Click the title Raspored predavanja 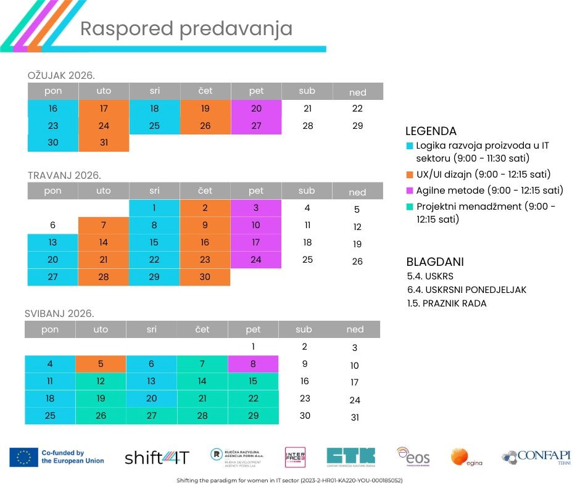tap(186, 29)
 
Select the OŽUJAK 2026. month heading tap(61, 75)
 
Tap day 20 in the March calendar tap(256, 109)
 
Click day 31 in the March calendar tap(104, 143)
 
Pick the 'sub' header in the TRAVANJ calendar tap(307, 191)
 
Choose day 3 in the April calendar tap(256, 208)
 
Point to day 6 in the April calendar tap(53, 225)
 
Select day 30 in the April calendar tap(205, 277)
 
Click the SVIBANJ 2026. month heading tap(59, 313)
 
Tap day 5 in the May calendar tap(101, 364)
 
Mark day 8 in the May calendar tap(253, 364)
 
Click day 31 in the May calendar tap(354, 418)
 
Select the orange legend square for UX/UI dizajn tap(410, 175)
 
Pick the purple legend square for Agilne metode tap(410, 190)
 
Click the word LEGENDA tap(431, 131)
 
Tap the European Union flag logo tap(23, 457)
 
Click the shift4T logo tap(157, 458)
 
